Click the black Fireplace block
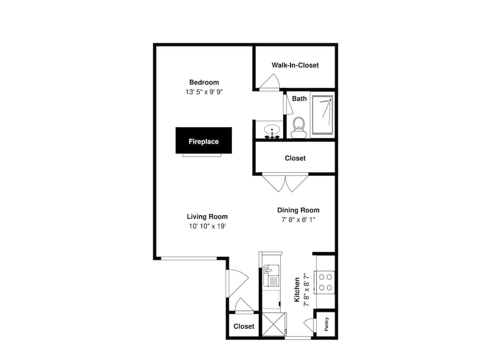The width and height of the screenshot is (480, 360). (204, 141)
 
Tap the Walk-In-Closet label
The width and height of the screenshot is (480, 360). (295, 65)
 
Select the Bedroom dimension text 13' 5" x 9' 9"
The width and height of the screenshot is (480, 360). (204, 92)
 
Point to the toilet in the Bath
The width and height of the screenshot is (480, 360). (299, 128)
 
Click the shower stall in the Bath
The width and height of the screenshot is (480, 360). (323, 115)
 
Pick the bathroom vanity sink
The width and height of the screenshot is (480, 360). (272, 131)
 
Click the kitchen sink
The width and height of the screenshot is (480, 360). (271, 276)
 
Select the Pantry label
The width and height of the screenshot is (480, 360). (326, 324)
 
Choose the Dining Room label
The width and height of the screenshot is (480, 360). (299, 210)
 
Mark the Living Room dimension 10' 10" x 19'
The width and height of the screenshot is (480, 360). (207, 226)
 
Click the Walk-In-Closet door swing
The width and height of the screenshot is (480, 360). (270, 82)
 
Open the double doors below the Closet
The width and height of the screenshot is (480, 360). (285, 182)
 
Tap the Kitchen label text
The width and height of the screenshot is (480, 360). (297, 289)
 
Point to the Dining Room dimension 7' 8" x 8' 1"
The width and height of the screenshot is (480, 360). (299, 220)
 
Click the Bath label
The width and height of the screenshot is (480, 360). (299, 98)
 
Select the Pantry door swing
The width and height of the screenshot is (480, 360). (310, 325)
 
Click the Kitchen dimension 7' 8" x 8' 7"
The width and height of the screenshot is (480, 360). (306, 289)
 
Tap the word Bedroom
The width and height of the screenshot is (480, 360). (204, 83)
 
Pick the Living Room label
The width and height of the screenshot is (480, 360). (207, 217)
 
